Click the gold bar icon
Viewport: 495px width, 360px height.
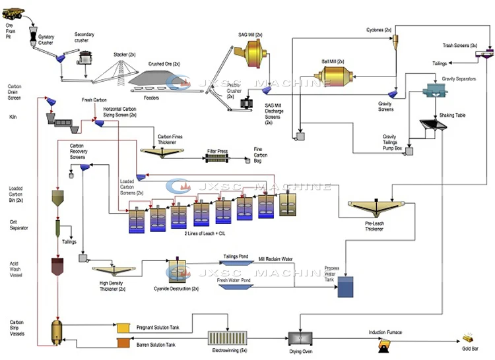click(x=469, y=337)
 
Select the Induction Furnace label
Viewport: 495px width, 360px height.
click(x=385, y=332)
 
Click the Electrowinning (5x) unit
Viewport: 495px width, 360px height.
click(x=226, y=337)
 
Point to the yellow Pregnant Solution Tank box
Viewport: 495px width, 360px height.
click(x=123, y=328)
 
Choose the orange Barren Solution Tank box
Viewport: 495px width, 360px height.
click(x=123, y=343)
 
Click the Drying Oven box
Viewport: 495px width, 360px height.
click(x=300, y=338)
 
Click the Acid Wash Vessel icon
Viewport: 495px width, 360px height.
click(x=57, y=266)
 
